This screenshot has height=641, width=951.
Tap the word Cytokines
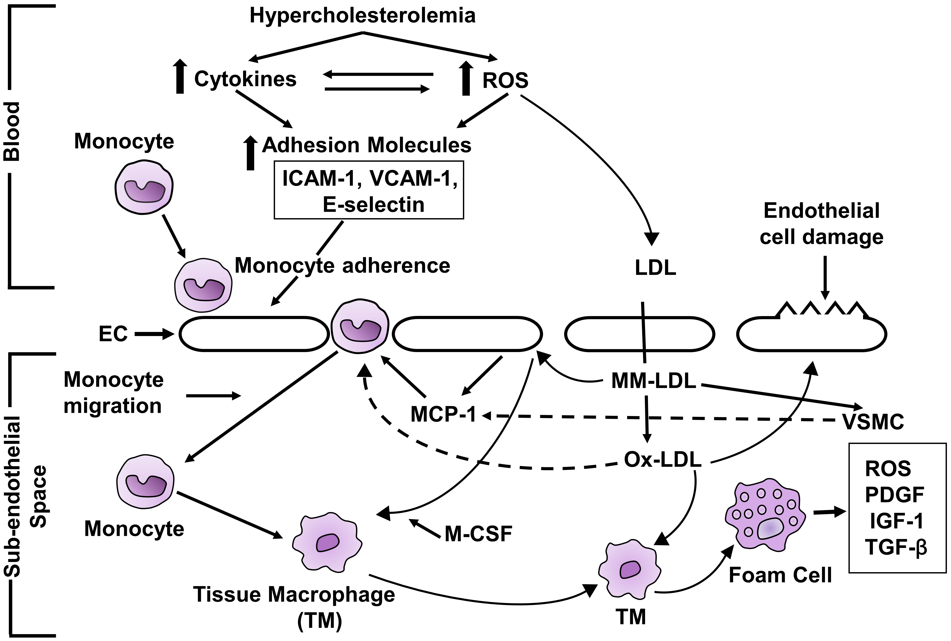point(245,79)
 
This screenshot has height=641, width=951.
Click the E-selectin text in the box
point(373,204)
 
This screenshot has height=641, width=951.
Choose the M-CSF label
point(478,534)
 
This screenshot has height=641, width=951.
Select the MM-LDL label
point(653,381)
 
